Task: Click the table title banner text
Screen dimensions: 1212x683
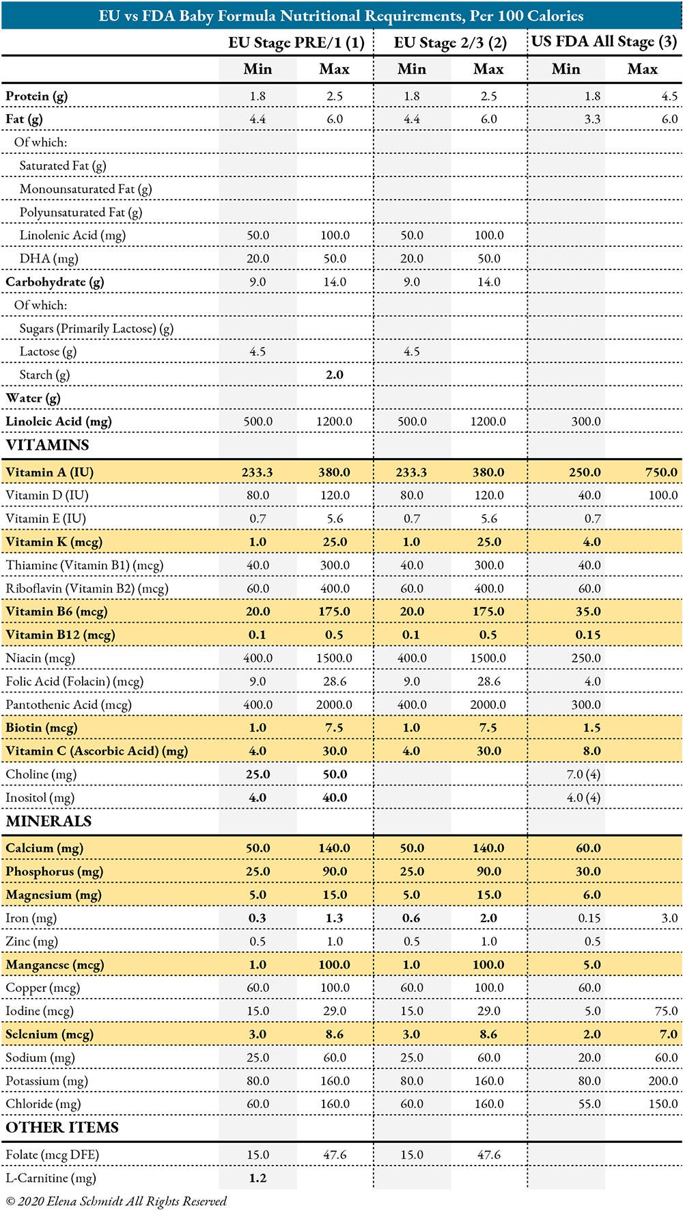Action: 341,15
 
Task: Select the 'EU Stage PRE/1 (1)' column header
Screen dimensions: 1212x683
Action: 296,42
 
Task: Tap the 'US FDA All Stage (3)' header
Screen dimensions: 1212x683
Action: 604,42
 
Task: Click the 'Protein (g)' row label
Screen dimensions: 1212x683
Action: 37,96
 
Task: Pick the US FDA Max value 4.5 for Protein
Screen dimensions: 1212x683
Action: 669,96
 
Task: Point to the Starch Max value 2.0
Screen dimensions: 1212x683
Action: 335,375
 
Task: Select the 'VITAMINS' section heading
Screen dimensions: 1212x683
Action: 48,445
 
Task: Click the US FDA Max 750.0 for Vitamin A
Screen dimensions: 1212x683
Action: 660,472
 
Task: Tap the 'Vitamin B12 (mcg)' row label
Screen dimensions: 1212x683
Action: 60,635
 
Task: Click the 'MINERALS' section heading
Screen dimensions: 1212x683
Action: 48,821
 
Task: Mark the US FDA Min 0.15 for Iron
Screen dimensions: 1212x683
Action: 589,918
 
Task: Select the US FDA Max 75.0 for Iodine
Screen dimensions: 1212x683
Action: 665,1011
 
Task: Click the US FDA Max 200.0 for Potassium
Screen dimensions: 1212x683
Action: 663,1081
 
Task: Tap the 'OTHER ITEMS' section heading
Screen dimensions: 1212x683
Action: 62,1127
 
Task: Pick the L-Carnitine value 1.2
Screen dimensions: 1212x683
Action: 257,1178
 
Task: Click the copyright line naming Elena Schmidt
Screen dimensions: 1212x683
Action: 116,1201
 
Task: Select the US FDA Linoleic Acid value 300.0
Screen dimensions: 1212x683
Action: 586,422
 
